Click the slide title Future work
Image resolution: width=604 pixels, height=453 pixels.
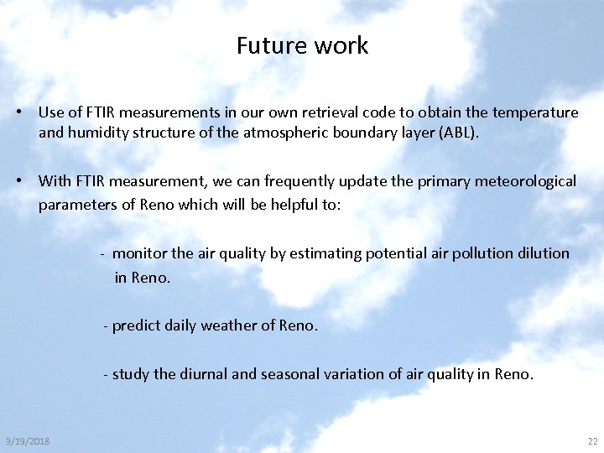(x=302, y=45)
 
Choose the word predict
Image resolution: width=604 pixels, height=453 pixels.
(x=137, y=325)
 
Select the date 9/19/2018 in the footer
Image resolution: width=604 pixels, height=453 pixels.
(x=28, y=441)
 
